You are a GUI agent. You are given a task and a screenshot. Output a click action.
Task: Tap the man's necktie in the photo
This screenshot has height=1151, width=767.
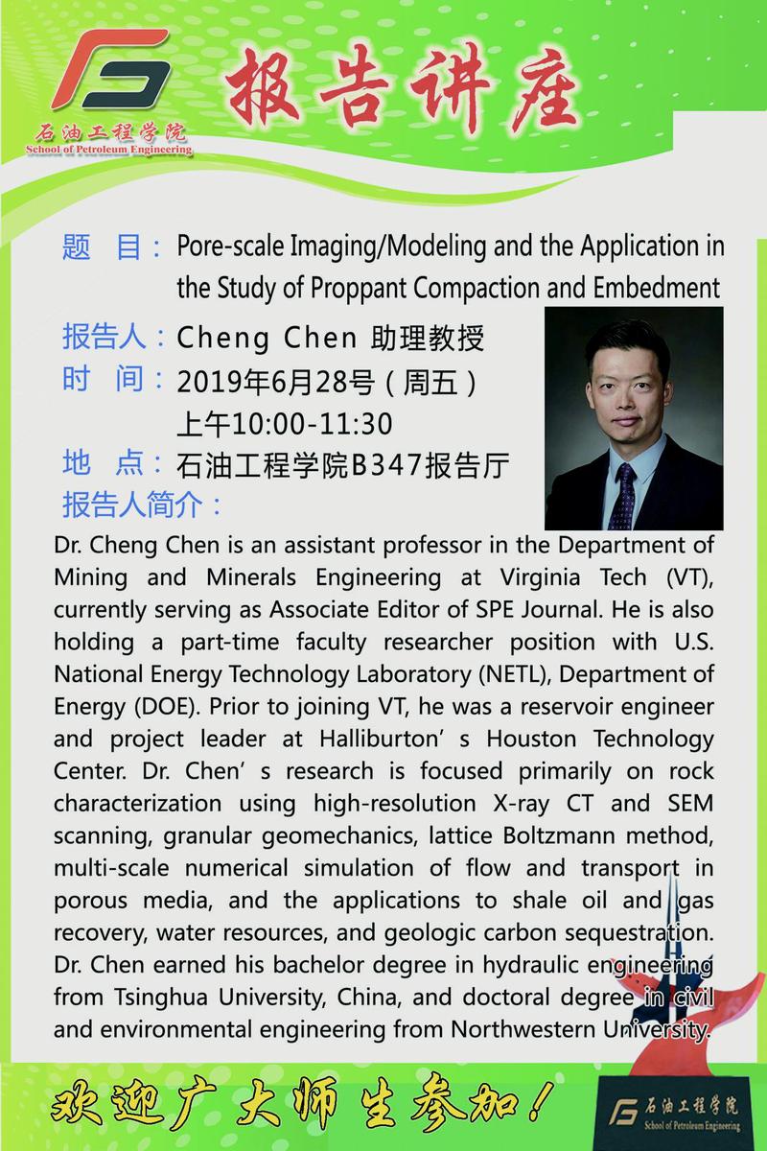pyautogui.click(x=624, y=495)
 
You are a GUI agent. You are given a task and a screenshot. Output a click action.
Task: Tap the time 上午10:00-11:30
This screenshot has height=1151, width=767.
pyautogui.click(x=285, y=423)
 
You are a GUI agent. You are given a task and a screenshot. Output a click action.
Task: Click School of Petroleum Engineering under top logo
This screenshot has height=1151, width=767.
pyautogui.click(x=108, y=149)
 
